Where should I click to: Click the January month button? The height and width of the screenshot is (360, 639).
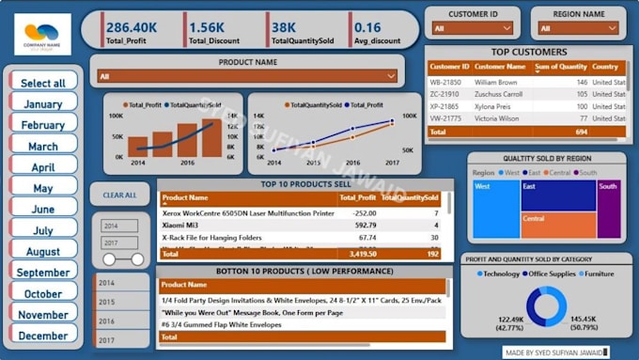(x=43, y=104)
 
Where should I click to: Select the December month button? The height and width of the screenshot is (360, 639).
(x=43, y=335)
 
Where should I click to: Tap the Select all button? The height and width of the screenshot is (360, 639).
(x=43, y=83)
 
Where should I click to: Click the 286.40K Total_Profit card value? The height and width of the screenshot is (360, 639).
(x=132, y=28)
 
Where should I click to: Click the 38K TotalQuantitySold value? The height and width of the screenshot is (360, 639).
(x=285, y=28)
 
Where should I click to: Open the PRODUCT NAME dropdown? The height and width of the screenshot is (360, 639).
(x=247, y=76)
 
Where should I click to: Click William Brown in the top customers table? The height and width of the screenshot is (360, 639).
(x=496, y=83)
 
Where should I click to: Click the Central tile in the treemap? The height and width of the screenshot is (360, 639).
(x=559, y=225)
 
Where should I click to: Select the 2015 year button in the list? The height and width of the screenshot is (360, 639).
(x=107, y=302)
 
